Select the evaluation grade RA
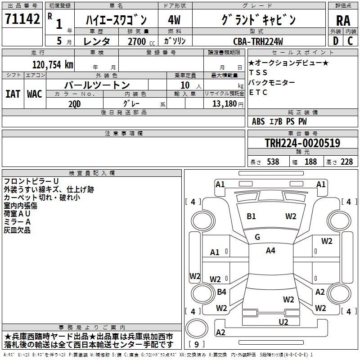pyautogui.click(x=343, y=21)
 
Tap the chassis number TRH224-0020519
pyautogui.click(x=302, y=143)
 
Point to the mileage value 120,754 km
pyautogui.click(x=53, y=64)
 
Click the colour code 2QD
pyautogui.click(x=75, y=103)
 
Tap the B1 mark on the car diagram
pyautogui.click(x=251, y=216)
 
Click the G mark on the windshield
pyautogui.click(x=257, y=237)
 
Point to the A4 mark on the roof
pyautogui.click(x=270, y=251)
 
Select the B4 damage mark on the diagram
pyautogui.click(x=221, y=292)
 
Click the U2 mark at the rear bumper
pyautogui.click(x=283, y=322)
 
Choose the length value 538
pyautogui.click(x=273, y=162)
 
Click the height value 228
pyautogui.click(x=346, y=162)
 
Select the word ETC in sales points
pyautogui.click(x=258, y=93)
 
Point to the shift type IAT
pyautogui.click(x=13, y=94)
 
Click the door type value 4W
pyautogui.click(x=174, y=20)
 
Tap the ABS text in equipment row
pyautogui.click(x=258, y=121)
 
